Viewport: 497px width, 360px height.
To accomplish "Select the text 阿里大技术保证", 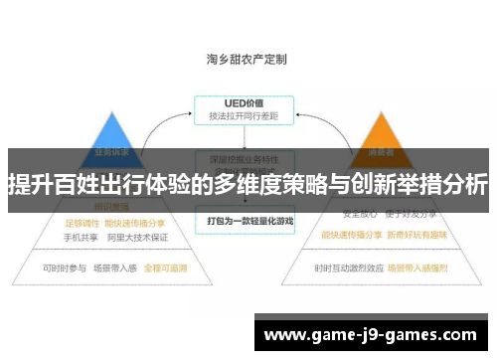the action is [x=137, y=238].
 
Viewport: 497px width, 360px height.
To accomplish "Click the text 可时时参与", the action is [x=63, y=269].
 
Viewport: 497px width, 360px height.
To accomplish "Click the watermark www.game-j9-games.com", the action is [x=373, y=335].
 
